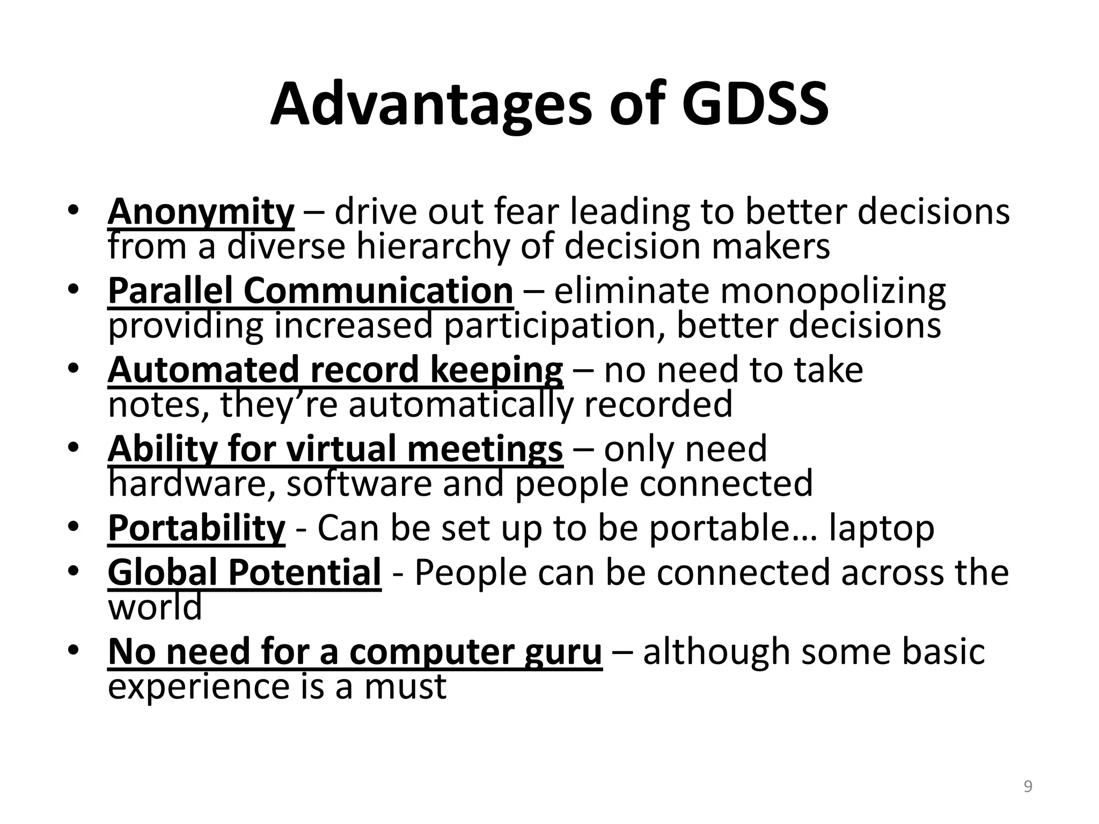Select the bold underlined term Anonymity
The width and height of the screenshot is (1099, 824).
click(201, 212)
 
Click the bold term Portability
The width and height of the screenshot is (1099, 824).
click(196, 528)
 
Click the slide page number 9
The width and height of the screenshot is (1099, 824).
click(1028, 787)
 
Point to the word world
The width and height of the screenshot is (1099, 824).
click(155, 607)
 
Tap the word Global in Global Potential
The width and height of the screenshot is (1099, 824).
click(164, 572)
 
